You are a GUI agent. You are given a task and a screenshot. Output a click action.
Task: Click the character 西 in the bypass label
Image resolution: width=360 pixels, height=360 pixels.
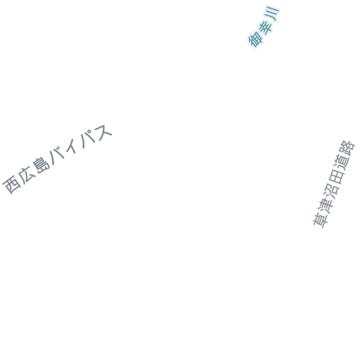(x=12, y=184)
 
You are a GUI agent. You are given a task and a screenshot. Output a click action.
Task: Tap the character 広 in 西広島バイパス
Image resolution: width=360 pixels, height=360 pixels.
(x=27, y=174)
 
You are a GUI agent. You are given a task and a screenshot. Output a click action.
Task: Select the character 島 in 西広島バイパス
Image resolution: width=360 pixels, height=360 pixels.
(x=41, y=165)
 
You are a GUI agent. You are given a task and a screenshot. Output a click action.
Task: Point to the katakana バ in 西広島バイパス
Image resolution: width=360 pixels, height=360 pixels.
(x=57, y=155)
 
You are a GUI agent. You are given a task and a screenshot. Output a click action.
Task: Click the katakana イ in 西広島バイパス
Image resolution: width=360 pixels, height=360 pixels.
(x=71, y=146)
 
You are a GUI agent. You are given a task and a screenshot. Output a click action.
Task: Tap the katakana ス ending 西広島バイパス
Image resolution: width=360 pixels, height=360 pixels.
(x=103, y=132)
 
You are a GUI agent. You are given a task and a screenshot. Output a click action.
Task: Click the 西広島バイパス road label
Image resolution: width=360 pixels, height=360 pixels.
(x=57, y=159)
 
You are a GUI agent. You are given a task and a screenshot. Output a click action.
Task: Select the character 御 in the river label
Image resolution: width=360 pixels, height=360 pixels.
(x=255, y=39)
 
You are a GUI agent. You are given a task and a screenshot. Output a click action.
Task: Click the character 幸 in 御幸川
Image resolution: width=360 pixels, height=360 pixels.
(x=265, y=26)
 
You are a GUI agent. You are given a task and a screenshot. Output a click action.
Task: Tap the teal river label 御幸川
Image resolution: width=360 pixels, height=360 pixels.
(x=264, y=27)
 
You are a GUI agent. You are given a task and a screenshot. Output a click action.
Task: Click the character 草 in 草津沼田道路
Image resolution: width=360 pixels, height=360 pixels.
(x=321, y=219)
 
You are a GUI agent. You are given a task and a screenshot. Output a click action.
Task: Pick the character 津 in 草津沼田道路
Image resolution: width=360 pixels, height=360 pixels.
(x=326, y=205)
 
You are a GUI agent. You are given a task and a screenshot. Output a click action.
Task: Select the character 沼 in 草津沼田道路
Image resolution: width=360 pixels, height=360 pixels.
(x=332, y=190)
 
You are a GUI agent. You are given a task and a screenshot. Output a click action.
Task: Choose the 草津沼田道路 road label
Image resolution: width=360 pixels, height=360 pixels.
(x=334, y=184)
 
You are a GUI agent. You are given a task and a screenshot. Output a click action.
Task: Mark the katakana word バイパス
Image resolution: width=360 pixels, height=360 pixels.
(x=80, y=144)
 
